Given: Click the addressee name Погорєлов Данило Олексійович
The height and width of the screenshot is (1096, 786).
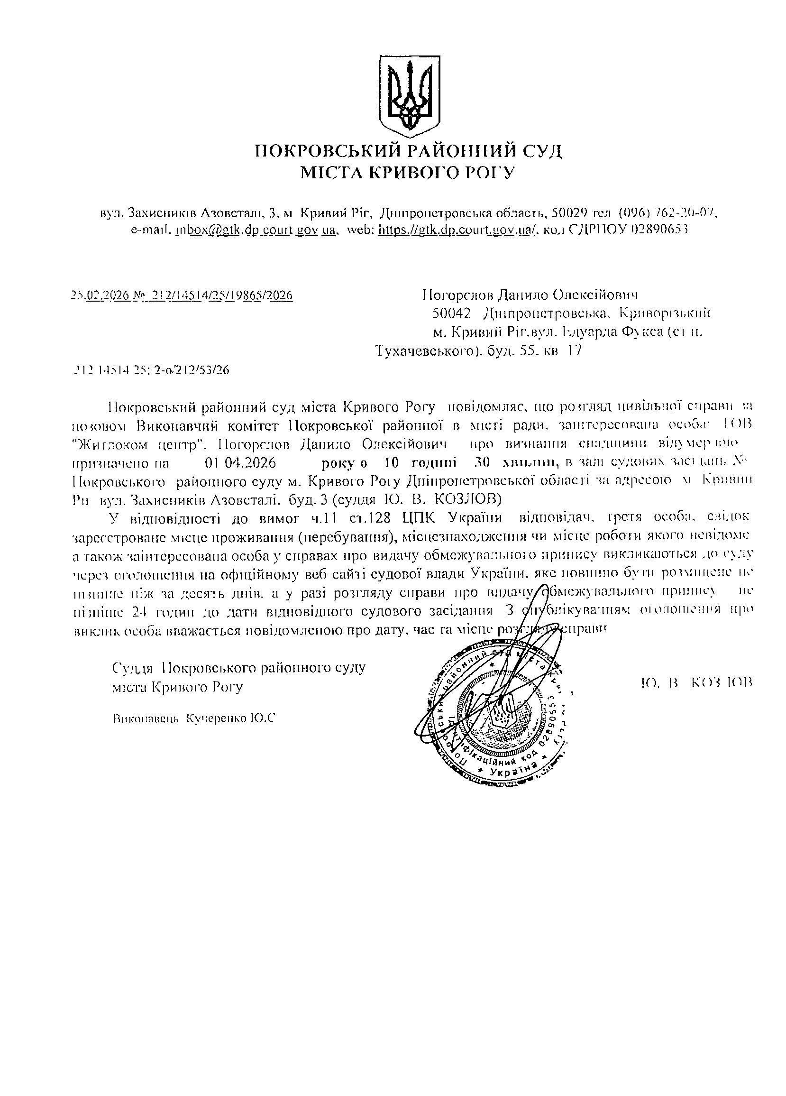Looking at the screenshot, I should (530, 295).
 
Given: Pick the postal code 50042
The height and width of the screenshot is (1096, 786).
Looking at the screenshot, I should (451, 313).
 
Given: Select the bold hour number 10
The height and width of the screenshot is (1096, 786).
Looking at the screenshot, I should (391, 463).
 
